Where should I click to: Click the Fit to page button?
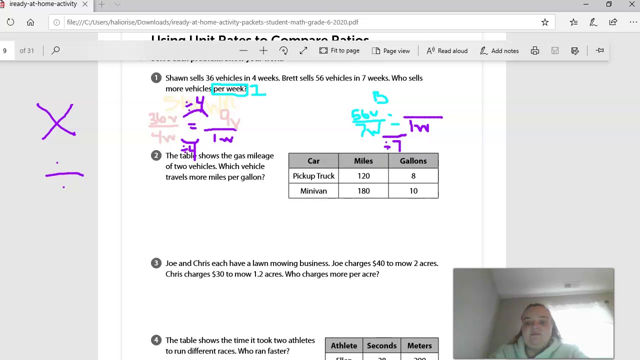point(339,50)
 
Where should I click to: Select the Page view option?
point(391,50)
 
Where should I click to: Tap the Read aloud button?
point(447,50)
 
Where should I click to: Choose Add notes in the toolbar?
point(499,50)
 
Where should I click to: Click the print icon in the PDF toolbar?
point(535,50)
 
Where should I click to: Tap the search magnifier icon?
point(55,50)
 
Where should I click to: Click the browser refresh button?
point(10,22)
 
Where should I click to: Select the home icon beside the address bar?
point(30,22)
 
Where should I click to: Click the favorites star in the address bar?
point(545,22)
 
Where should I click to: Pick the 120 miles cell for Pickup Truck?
point(363,176)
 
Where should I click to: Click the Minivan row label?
point(313,191)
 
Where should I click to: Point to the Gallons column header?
point(413,161)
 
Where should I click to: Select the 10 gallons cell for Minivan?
point(413,191)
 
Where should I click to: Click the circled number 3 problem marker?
point(156,263)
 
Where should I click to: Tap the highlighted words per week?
point(229,89)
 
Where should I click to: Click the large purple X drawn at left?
point(56,121)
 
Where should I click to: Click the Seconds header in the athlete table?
point(381,346)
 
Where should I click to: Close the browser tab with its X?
point(85,4)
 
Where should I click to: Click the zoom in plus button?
point(263,50)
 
